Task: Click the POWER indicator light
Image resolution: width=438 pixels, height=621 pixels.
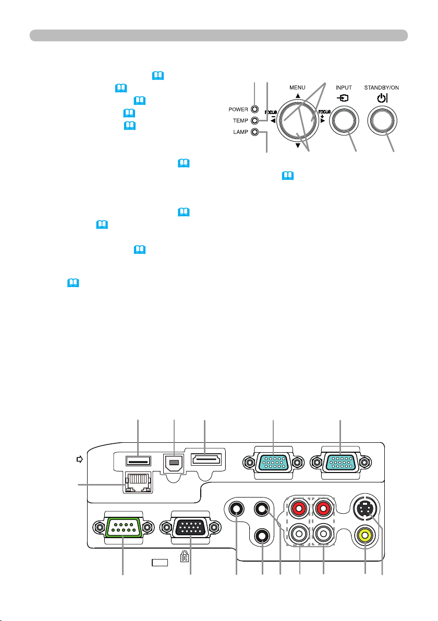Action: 254,109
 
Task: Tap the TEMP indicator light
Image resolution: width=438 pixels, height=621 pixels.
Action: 254,120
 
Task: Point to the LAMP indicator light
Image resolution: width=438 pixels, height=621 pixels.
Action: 254,132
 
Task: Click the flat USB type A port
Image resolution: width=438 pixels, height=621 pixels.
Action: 138,460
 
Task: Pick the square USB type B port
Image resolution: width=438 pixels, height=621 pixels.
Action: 175,462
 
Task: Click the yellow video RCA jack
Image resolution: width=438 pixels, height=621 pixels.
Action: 365,533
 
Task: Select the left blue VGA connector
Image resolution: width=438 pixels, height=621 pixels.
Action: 274,462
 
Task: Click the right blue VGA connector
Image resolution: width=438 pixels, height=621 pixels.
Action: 340,462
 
